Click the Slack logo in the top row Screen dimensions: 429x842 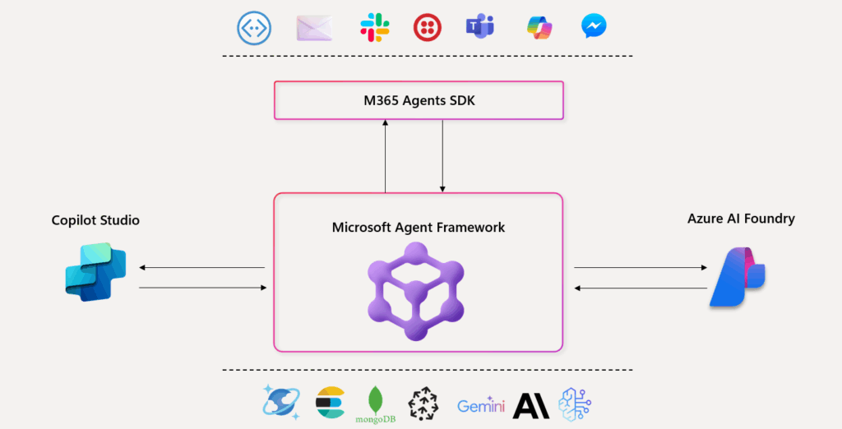[375, 28]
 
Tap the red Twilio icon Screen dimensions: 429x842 [426, 28]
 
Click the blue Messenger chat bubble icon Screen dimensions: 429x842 [594, 27]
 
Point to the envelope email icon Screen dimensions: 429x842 [315, 28]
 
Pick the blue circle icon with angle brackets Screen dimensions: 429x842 [253, 28]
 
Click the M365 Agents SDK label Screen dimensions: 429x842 [419, 101]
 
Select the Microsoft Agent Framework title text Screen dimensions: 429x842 [419, 227]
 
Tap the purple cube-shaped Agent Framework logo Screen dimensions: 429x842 [415, 292]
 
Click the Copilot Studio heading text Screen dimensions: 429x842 [95, 220]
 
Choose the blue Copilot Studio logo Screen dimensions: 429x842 [95, 272]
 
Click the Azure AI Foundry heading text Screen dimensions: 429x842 [741, 219]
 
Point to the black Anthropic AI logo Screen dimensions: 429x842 [531, 405]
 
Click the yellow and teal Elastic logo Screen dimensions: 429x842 [330, 403]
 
